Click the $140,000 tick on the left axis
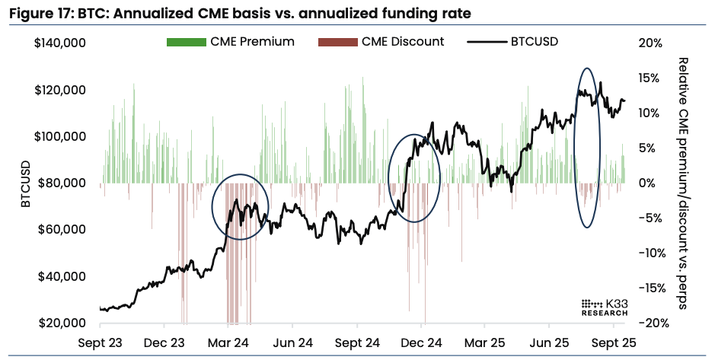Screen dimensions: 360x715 pos(59,43)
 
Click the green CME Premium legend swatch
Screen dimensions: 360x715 pos(186,42)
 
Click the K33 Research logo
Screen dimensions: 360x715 pos(604,306)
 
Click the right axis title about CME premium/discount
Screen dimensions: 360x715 pos(683,183)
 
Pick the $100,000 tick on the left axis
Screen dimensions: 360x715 pos(59,136)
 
